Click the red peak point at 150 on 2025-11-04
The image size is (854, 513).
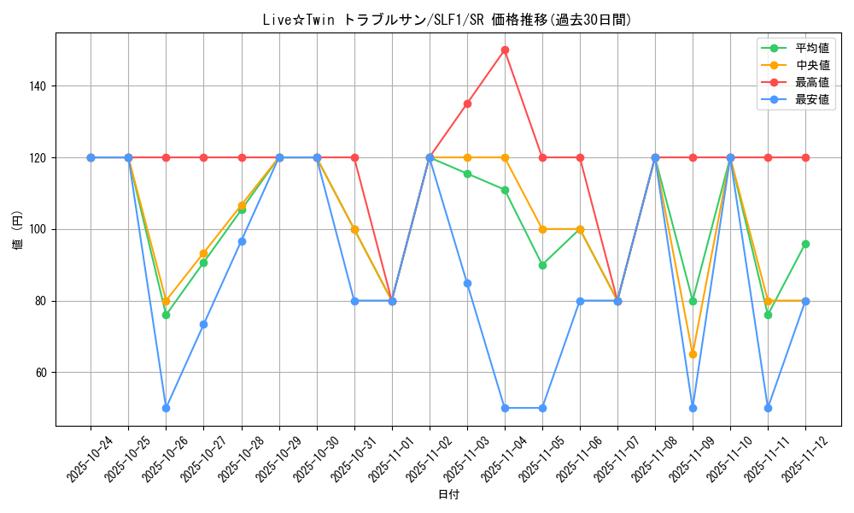point(505,50)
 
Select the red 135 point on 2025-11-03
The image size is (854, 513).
point(467,103)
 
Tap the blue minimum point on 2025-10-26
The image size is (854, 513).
point(166,408)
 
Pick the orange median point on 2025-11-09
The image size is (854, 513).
point(693,354)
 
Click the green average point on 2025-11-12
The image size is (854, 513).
point(805,244)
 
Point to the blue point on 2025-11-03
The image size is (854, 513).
point(467,283)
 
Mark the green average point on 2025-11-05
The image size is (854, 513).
point(542,265)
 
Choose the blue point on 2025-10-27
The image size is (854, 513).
point(203,324)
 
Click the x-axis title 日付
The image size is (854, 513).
point(448,495)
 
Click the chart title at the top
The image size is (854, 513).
point(448,20)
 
